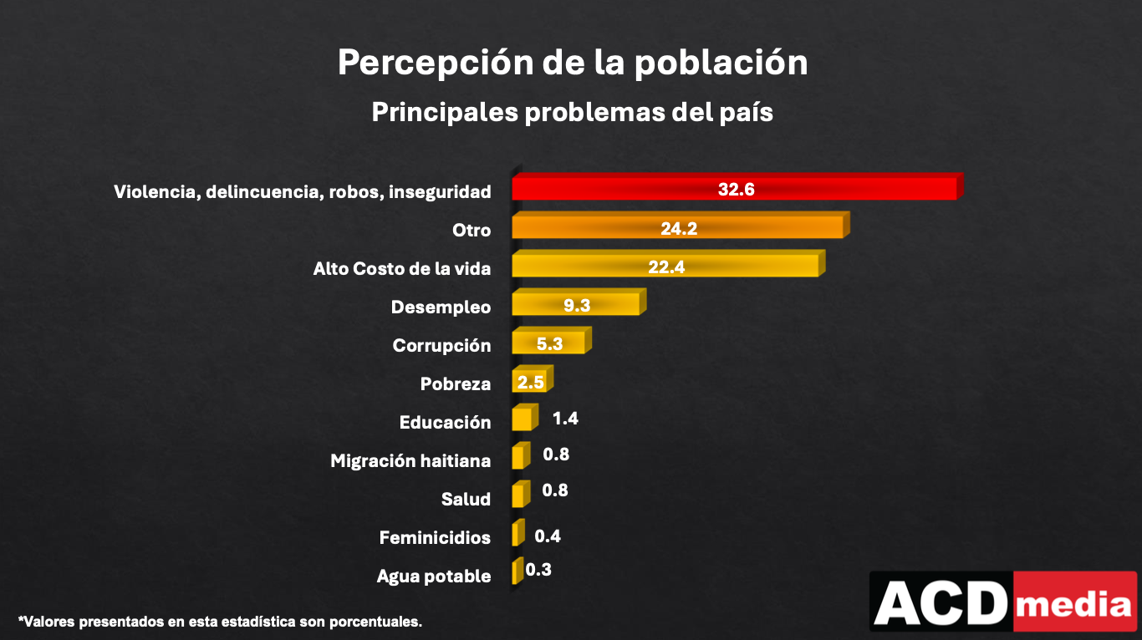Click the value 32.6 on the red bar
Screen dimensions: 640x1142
click(x=736, y=190)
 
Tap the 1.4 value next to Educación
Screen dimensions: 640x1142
click(x=565, y=419)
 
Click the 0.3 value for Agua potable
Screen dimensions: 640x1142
click(x=538, y=570)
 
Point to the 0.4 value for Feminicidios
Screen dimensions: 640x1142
click(x=548, y=536)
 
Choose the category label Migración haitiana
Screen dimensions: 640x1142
click(x=410, y=460)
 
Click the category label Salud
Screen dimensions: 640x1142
click(x=466, y=499)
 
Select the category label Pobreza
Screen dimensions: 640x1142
click(x=455, y=383)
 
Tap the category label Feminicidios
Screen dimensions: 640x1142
click(x=435, y=537)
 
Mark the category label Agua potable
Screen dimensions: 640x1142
click(x=433, y=576)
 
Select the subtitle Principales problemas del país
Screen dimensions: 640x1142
click(x=572, y=112)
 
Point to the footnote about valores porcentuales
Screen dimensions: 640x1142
click(x=220, y=622)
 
